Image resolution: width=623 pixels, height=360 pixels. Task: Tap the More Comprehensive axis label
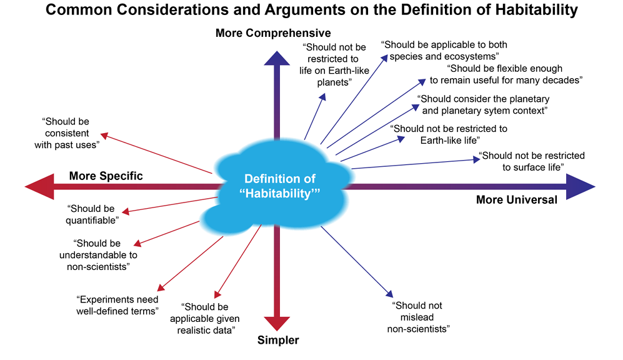pyautogui.click(x=273, y=33)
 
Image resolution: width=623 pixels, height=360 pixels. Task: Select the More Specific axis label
pyautogui.click(x=106, y=176)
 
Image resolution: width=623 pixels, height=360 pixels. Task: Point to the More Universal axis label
pyautogui.click(x=517, y=199)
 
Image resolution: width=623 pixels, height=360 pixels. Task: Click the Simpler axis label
pyautogui.click(x=277, y=340)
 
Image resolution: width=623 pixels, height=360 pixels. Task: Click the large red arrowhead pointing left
pyautogui.click(x=39, y=186)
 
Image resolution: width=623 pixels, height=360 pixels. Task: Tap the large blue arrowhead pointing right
pyautogui.click(x=581, y=186)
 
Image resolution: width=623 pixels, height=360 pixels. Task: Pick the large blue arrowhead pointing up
pyautogui.click(x=277, y=58)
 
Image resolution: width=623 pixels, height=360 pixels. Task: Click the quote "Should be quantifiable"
pyautogui.click(x=92, y=214)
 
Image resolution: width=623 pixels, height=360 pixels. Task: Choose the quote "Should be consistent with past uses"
pyautogui.click(x=67, y=133)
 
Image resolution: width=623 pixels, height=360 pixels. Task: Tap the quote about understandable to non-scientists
pyautogui.click(x=98, y=255)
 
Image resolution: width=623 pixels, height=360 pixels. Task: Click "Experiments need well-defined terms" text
pyautogui.click(x=117, y=305)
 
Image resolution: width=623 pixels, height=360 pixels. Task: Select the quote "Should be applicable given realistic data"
pyautogui.click(x=204, y=318)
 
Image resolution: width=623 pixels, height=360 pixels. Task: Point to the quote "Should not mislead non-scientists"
pyautogui.click(x=419, y=317)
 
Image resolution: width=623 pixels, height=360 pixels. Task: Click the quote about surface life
pyautogui.click(x=532, y=161)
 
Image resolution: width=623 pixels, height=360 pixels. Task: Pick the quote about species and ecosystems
pyautogui.click(x=444, y=51)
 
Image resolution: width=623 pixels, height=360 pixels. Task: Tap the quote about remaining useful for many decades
pyautogui.click(x=506, y=74)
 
